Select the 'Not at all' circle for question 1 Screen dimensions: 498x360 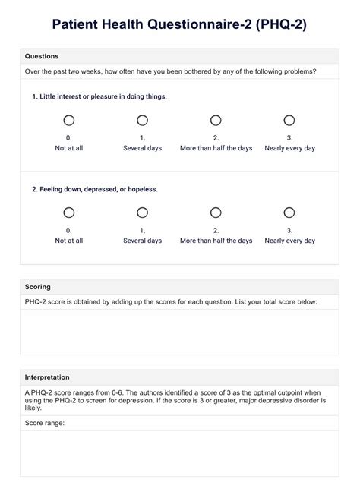[x=69, y=120]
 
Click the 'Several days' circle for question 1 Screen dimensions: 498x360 [x=142, y=120]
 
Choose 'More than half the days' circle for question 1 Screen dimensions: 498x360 [x=216, y=120]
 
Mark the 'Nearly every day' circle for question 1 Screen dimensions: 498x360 [x=289, y=120]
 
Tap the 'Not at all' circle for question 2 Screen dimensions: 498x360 [x=69, y=213]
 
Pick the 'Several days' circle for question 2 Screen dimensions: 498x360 [x=142, y=213]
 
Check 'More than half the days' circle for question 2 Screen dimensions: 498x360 [x=216, y=213]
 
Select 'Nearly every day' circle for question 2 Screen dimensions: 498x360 [x=289, y=213]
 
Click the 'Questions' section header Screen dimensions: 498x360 [x=42, y=56]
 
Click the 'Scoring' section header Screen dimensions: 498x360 [x=38, y=287]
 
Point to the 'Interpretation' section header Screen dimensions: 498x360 [x=47, y=377]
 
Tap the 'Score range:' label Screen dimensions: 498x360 [x=45, y=423]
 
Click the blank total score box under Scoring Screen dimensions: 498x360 [x=179, y=331]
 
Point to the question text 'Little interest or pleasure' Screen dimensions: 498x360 [x=99, y=96]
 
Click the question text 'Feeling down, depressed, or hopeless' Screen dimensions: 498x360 [x=95, y=189]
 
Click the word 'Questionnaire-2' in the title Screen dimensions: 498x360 [x=185, y=25]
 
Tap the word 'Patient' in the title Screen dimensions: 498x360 [x=77, y=25]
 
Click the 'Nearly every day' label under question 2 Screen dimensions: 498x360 [x=289, y=241]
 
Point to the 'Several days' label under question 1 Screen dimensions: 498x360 [x=142, y=148]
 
